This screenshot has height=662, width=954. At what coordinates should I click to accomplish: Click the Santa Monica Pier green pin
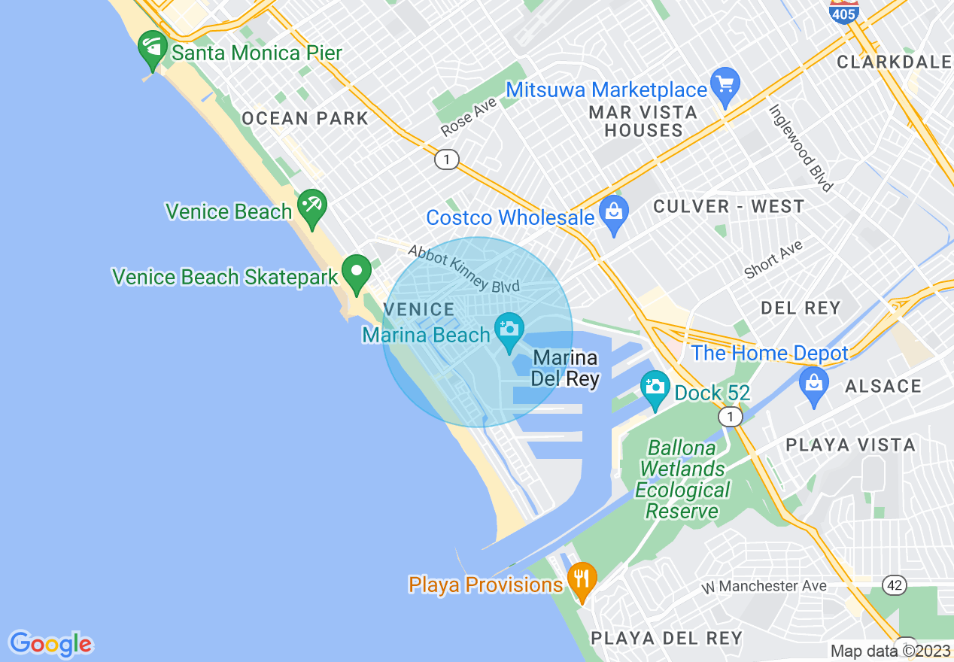(153, 50)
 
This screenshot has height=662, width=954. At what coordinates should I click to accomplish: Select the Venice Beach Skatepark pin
(356, 272)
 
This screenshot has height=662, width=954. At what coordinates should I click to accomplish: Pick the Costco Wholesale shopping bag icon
(614, 213)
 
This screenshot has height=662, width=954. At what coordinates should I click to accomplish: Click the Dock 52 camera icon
(655, 388)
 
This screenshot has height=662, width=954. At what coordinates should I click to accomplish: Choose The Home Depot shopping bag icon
(813, 384)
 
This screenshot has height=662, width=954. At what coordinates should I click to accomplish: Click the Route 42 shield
(894, 585)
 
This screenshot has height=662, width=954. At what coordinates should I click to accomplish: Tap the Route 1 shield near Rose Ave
(447, 159)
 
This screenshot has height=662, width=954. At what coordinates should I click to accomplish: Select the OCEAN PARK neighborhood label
(305, 118)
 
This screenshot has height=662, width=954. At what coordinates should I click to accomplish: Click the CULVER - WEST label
(728, 206)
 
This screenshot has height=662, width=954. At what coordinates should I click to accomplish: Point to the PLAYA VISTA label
(850, 445)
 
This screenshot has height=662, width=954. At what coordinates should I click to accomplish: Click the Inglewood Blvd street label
(801, 147)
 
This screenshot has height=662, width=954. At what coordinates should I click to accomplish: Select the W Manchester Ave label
(763, 586)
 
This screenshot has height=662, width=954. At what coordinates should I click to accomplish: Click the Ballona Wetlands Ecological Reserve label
(682, 479)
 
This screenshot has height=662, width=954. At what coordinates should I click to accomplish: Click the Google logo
(50, 644)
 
